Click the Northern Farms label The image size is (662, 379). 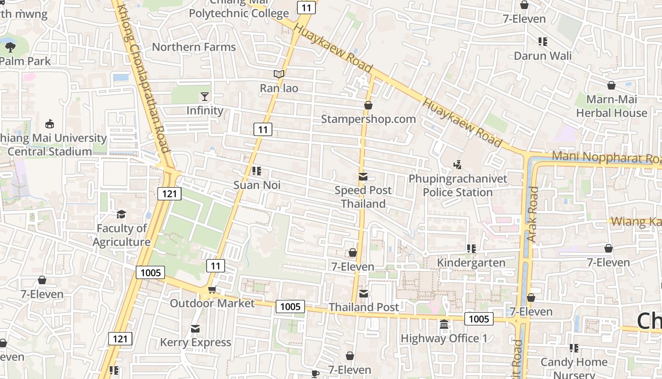(x=193, y=47)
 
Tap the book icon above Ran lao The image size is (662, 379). (x=279, y=74)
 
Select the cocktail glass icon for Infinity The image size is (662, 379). (x=204, y=97)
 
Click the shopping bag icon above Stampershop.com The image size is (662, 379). (x=368, y=105)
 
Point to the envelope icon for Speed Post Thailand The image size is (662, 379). (x=363, y=177)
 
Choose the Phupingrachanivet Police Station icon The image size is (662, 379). (x=457, y=165)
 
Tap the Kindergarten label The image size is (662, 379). (x=471, y=262)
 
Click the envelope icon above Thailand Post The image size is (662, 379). (x=364, y=294)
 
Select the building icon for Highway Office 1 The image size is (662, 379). (x=444, y=325)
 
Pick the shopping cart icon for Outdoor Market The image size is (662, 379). (x=212, y=289)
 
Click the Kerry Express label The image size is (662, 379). (x=195, y=342)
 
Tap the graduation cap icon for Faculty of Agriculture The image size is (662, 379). (x=122, y=215)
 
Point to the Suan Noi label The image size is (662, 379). (x=257, y=185)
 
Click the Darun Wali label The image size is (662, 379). (x=542, y=56)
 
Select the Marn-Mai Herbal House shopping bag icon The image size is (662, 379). (x=611, y=85)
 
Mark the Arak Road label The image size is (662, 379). (x=533, y=214)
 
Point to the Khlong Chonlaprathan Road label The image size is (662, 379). (x=143, y=78)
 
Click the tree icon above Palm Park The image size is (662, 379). (x=10, y=47)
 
